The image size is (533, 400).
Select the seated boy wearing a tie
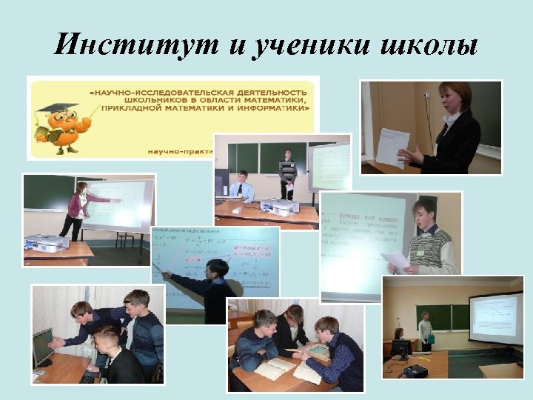pos(241,188)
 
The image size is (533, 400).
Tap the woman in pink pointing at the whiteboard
pos(78,207)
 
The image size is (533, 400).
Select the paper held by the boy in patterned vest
pos(397,259)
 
